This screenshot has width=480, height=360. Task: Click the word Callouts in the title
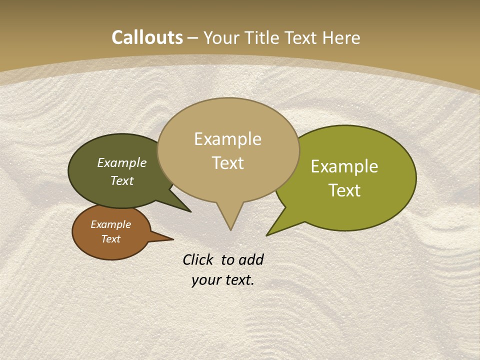coord(147,37)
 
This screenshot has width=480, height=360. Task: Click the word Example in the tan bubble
coord(227,139)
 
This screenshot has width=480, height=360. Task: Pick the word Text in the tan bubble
coord(227,163)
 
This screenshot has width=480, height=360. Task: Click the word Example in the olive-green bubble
coord(344,166)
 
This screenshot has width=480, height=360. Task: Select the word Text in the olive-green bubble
coord(344,190)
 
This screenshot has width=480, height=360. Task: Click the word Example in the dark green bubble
coord(122,162)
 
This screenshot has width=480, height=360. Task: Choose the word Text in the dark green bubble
coord(122,180)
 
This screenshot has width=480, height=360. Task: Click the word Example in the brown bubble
coord(110,224)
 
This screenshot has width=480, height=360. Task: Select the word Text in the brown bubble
coord(110,239)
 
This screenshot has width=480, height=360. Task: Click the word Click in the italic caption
coord(198,259)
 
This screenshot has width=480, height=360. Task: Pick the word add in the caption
coord(251,259)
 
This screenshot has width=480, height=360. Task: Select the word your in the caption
coord(205,280)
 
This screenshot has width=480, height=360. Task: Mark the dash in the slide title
coord(193,38)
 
